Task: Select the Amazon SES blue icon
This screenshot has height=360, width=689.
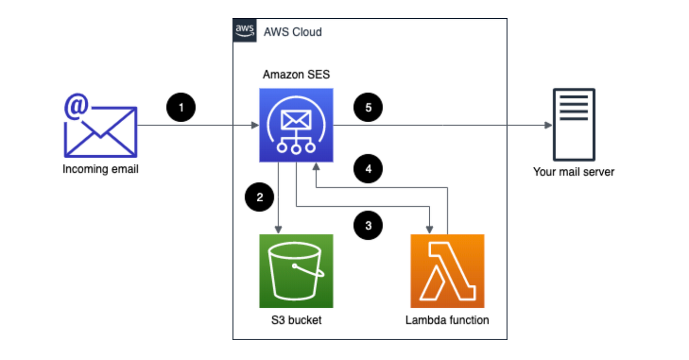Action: point(296,125)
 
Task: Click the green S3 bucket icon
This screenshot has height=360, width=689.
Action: point(296,271)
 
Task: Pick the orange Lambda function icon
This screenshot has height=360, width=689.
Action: point(447,271)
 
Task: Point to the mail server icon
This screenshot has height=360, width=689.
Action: point(574,125)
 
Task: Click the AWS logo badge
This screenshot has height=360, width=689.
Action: point(245,30)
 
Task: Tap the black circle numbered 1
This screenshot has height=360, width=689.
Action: point(181,107)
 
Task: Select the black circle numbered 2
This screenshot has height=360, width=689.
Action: point(260,197)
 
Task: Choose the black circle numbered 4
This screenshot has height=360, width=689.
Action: point(368,169)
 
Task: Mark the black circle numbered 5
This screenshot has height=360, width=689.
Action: point(368,107)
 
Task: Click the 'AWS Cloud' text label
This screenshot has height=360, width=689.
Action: point(293,32)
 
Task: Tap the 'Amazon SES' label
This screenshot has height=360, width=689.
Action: point(296,75)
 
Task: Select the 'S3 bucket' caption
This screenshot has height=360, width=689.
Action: point(296,320)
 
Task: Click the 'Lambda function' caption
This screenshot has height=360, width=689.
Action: point(447,320)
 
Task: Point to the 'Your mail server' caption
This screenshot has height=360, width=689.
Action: point(573,172)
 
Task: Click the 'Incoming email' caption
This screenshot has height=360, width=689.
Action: point(100,169)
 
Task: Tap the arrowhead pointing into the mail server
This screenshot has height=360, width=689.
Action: point(548,125)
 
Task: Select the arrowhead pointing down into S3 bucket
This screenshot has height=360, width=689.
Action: point(279,230)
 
